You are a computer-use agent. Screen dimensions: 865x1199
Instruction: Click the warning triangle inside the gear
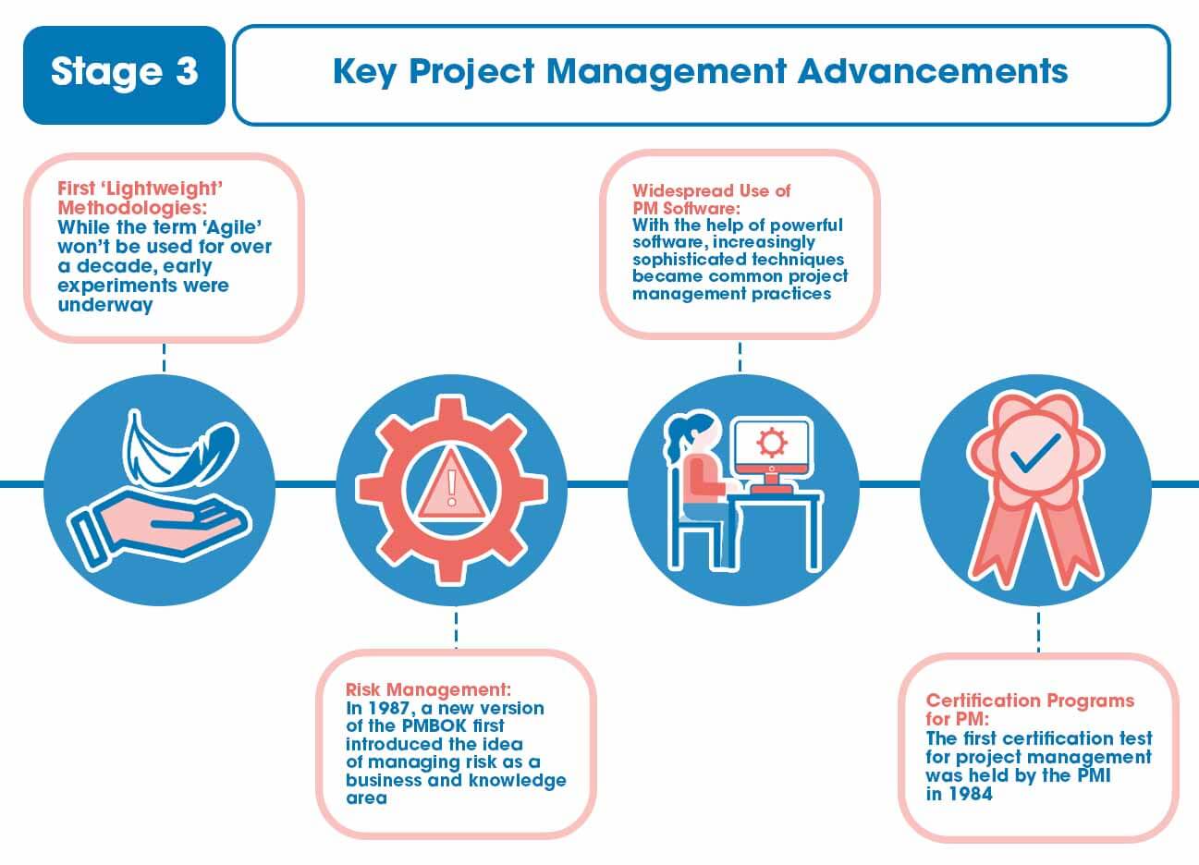coord(451,486)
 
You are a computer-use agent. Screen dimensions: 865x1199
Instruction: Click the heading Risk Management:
coord(427,689)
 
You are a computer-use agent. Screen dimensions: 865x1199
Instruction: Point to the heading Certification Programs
coord(1030,701)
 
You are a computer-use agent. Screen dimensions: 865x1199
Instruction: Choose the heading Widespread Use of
coord(711,191)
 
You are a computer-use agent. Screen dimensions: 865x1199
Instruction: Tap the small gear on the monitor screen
coord(770,443)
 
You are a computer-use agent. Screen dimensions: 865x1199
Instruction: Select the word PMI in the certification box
coord(1090,775)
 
